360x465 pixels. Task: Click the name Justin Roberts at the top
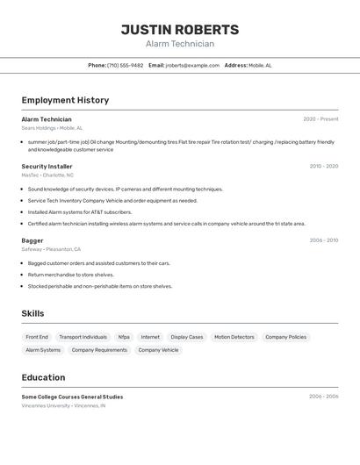tap(180, 30)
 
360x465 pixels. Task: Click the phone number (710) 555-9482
tap(125, 65)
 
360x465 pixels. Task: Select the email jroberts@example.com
tap(192, 65)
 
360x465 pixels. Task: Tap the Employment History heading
tap(65, 100)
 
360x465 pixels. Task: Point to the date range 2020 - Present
tap(320, 119)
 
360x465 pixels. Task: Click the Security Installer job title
tap(47, 166)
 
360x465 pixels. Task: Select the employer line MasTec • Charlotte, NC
tap(47, 175)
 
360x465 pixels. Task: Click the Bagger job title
tap(32, 240)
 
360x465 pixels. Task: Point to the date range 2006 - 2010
tap(323, 240)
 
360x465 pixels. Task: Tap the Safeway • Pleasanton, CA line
tap(51, 249)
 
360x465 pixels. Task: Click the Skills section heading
tap(32, 313)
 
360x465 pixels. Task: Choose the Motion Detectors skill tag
tap(234, 337)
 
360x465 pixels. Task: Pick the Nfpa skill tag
tap(124, 337)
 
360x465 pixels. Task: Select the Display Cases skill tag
tap(186, 337)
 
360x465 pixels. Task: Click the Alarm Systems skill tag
tap(43, 350)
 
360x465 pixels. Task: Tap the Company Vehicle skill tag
tap(158, 350)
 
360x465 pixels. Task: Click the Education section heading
tap(43, 377)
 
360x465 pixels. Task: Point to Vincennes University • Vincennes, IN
tap(63, 406)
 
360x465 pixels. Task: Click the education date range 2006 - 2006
tap(323, 397)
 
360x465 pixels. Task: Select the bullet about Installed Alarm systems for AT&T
tap(80, 211)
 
